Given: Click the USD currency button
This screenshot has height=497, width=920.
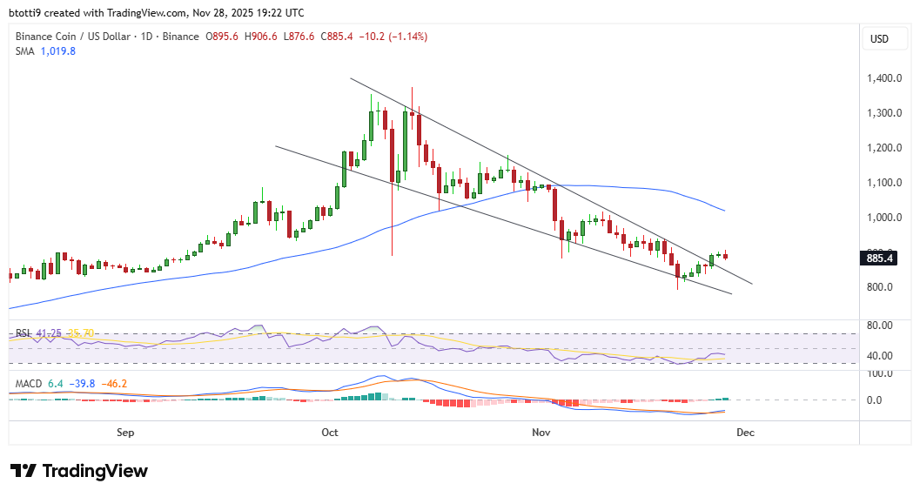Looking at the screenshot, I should (x=880, y=39).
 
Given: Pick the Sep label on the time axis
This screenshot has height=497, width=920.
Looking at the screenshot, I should (x=124, y=432).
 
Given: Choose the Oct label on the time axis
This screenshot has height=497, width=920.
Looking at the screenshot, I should (x=329, y=432).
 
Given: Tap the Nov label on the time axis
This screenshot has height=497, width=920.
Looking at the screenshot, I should (x=541, y=432).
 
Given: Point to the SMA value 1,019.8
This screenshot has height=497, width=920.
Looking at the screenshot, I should (x=58, y=51).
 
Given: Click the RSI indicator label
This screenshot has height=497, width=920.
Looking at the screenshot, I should (x=24, y=333).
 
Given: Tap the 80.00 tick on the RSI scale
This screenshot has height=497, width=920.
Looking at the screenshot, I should (x=880, y=326).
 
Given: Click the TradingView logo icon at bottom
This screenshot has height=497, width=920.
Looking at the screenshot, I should (x=23, y=471).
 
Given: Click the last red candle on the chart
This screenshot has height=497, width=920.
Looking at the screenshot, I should (x=726, y=255).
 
